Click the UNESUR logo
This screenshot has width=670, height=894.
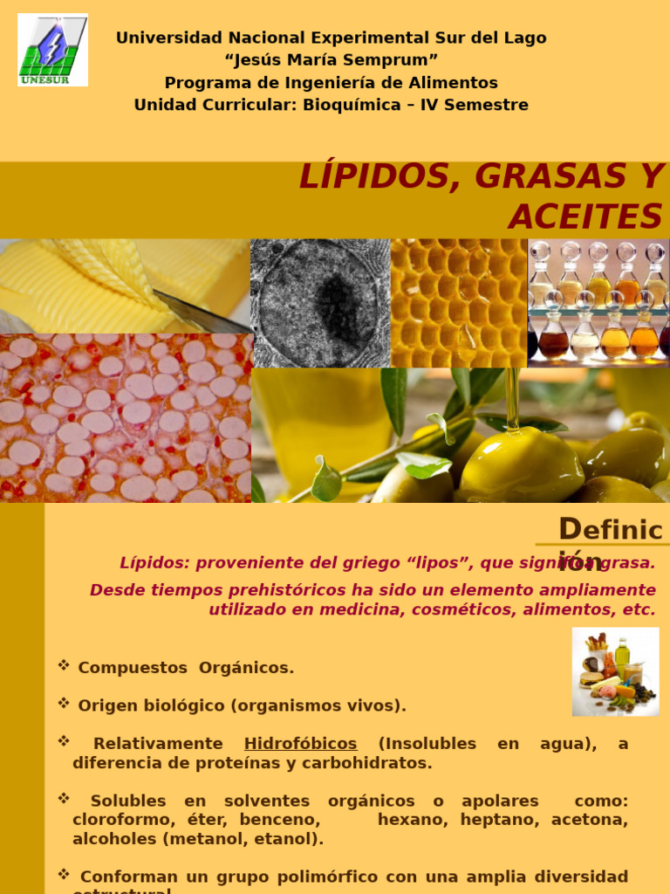(52, 50)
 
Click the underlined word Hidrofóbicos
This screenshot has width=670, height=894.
(300, 744)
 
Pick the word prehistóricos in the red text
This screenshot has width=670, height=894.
(292, 590)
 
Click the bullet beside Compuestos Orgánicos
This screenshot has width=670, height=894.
(64, 665)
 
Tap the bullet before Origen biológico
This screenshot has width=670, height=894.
(64, 703)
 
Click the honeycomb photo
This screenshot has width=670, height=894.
(459, 303)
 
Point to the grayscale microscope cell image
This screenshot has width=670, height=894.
(320, 303)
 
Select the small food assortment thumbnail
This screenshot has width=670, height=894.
(616, 671)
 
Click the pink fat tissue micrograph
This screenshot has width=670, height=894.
(126, 417)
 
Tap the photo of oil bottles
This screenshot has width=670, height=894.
(598, 303)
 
